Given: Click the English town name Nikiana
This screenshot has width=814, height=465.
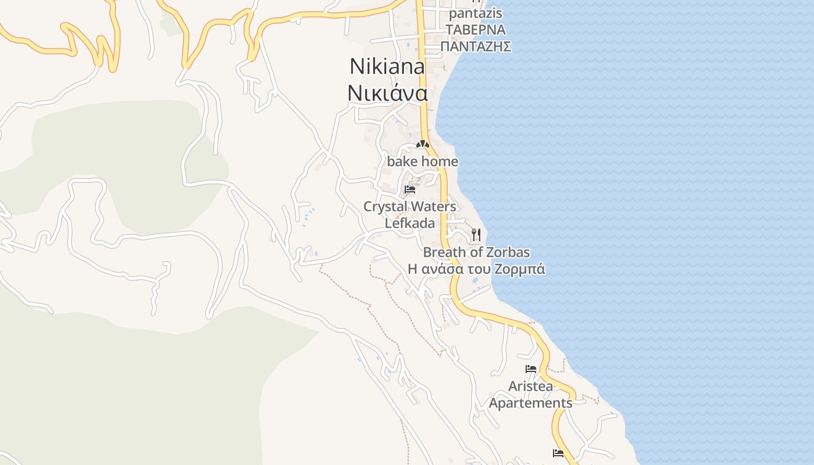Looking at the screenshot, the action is click(387, 67).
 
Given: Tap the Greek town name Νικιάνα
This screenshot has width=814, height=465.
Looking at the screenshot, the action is click(387, 93).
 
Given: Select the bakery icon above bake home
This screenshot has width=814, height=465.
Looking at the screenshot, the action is click(423, 144).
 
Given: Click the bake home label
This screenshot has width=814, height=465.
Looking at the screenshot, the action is click(423, 162).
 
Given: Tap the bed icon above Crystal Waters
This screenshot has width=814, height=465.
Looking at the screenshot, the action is click(410, 189).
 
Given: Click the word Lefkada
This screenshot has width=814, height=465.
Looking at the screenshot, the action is click(410, 223).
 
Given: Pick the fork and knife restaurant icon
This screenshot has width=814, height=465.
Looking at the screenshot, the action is click(476, 234).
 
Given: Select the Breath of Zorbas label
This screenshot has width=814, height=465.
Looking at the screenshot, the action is click(476, 252).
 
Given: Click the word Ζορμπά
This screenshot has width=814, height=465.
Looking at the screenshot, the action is click(520, 269).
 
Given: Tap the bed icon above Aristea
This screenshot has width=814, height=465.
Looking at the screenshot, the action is click(530, 369).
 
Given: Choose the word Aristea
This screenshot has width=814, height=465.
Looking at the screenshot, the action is click(530, 386).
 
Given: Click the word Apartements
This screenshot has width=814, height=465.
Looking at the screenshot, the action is click(530, 403).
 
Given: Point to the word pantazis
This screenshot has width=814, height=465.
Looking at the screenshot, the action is click(476, 13).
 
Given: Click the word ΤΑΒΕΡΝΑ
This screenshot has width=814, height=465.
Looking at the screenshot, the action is click(476, 30).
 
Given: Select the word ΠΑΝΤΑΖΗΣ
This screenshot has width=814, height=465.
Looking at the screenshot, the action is click(476, 46).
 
